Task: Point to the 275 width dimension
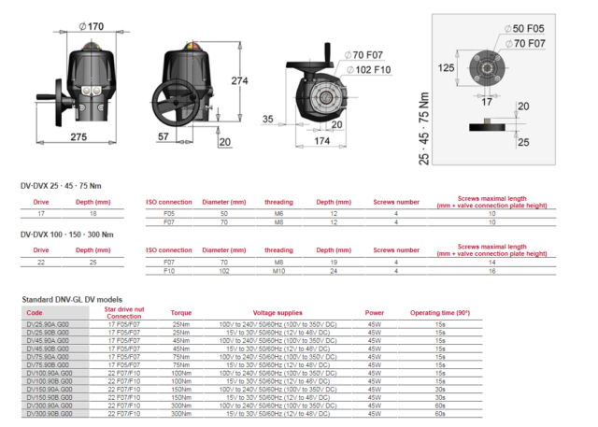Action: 78,137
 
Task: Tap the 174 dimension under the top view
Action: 321,139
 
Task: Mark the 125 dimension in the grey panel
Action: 447,67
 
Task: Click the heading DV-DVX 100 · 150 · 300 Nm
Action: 67,234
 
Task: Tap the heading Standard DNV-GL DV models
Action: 78,300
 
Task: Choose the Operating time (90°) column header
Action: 439,313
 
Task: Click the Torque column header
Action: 180,313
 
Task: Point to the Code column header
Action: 35,313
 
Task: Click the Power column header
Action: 375,313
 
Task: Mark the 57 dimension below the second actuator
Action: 163,137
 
